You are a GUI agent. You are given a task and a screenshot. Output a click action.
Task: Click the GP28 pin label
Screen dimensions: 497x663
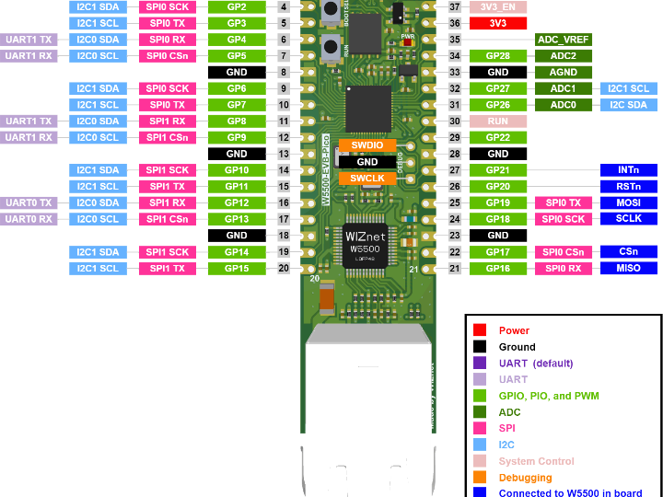click(498, 56)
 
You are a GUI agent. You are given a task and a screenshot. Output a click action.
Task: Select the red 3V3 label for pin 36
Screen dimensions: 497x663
click(498, 23)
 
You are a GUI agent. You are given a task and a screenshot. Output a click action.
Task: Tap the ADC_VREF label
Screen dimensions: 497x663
click(563, 40)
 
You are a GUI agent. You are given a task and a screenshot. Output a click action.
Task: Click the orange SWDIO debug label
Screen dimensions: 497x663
click(366, 145)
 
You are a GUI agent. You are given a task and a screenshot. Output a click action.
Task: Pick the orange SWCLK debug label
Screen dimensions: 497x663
click(366, 179)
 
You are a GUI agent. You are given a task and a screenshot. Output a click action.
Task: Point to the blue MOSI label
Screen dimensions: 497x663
click(628, 202)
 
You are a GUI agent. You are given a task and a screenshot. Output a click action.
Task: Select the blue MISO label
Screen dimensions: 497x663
click(628, 268)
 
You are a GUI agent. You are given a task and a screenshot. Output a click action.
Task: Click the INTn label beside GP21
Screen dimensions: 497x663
click(628, 170)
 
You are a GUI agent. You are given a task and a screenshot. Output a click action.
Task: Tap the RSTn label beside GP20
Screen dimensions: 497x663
click(628, 186)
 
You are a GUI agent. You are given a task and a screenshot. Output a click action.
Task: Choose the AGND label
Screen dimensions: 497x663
click(563, 73)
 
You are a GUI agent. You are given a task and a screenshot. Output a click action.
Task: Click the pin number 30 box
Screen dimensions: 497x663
click(454, 121)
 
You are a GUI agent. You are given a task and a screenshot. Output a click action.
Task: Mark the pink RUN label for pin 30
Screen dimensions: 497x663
click(498, 121)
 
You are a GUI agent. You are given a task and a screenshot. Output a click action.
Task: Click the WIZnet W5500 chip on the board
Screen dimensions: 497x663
click(366, 245)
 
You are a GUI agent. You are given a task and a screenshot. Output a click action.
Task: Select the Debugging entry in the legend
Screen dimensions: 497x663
click(525, 478)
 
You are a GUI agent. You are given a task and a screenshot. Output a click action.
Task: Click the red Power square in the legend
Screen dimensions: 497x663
click(480, 330)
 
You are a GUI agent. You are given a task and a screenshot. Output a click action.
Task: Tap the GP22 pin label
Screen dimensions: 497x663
click(498, 137)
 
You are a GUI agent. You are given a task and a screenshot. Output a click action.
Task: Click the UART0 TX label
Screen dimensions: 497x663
click(30, 202)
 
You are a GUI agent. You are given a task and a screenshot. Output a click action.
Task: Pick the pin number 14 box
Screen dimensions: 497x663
click(284, 170)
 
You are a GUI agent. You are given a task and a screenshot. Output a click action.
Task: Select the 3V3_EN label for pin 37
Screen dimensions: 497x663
click(498, 6)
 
